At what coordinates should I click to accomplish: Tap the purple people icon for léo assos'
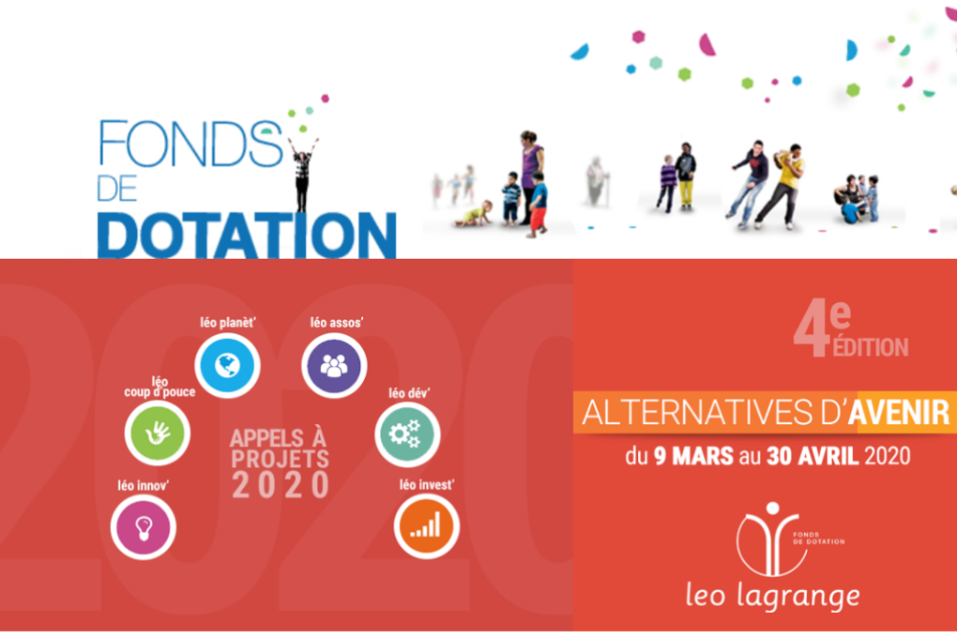334,365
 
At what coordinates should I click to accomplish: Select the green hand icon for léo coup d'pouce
157,432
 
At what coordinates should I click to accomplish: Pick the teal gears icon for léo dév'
406,433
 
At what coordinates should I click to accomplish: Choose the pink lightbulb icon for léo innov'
143,525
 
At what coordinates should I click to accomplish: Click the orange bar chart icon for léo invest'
426,525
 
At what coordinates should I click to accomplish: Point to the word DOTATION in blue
247,234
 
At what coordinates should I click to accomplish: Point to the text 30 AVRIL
808,458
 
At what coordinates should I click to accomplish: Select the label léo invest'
427,485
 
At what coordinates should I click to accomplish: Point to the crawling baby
474,214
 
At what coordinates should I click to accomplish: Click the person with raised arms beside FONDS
302,173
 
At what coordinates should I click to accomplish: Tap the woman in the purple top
530,174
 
